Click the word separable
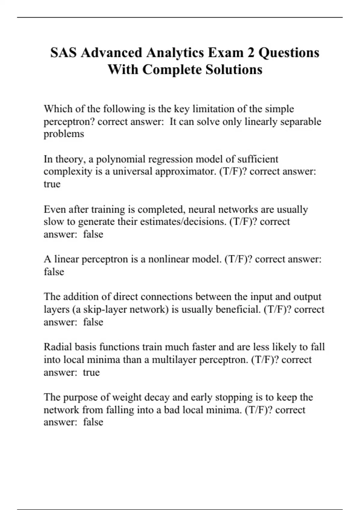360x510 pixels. (x=301, y=121)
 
